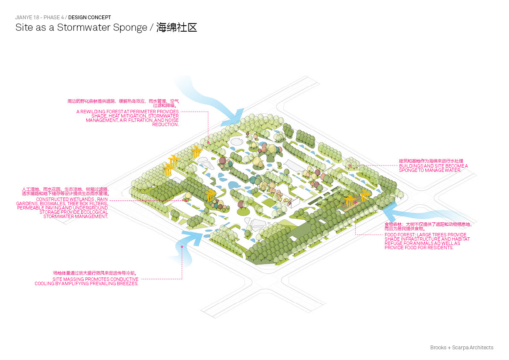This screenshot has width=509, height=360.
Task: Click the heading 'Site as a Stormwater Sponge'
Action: (x=81, y=28)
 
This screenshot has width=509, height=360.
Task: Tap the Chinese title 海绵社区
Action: (x=176, y=28)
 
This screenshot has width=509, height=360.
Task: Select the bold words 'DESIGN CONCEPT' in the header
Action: (x=89, y=18)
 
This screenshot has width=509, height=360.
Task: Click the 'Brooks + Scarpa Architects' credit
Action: (x=462, y=348)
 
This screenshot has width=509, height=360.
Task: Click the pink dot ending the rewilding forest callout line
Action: (x=208, y=142)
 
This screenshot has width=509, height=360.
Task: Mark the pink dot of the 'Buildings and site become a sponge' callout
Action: (x=350, y=165)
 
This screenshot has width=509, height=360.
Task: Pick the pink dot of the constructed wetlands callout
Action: (x=186, y=200)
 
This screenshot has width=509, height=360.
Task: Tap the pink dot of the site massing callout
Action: (x=182, y=247)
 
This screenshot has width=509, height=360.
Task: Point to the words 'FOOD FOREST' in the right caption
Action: (x=397, y=235)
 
